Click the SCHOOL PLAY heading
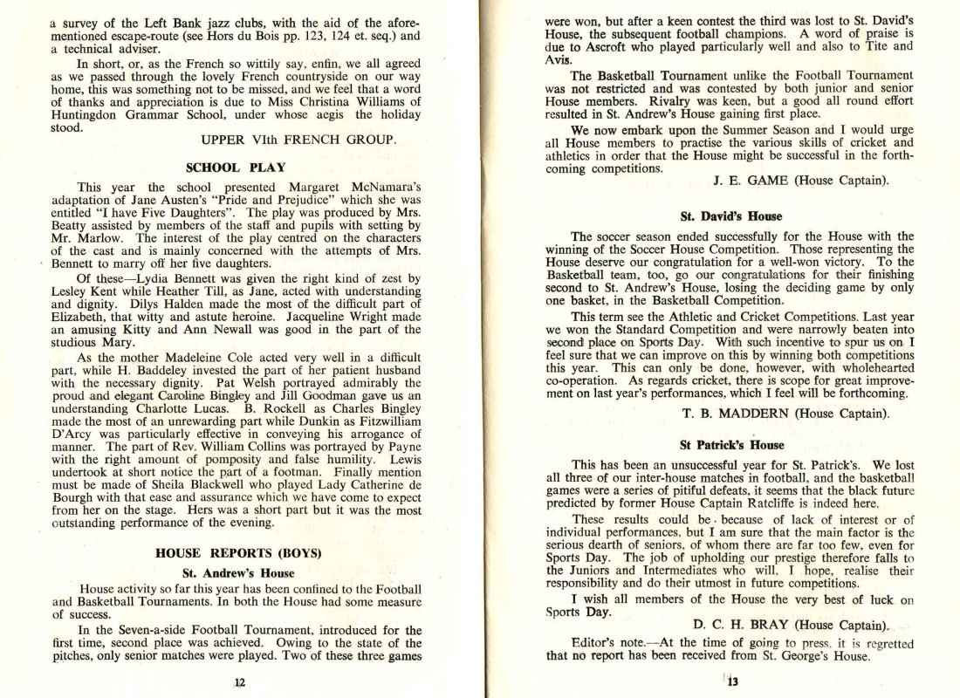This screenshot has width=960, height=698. tap(236, 167)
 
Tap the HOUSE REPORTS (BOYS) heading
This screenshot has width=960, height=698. tap(238, 553)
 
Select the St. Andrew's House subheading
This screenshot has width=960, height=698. tap(238, 573)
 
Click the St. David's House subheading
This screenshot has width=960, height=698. tap(720, 216)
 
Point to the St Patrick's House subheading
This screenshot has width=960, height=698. tap(720, 444)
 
